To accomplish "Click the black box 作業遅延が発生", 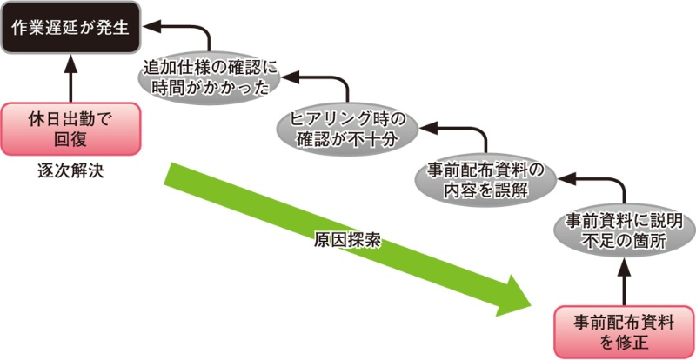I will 68,26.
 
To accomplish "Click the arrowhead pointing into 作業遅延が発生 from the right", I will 149,28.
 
